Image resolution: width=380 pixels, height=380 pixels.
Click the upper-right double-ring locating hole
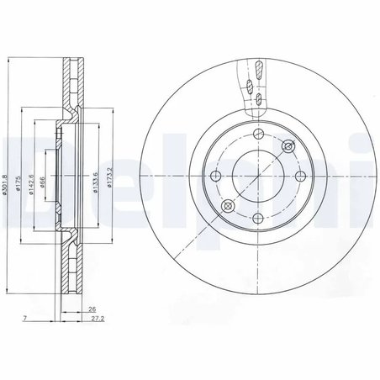tap(288, 147)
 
